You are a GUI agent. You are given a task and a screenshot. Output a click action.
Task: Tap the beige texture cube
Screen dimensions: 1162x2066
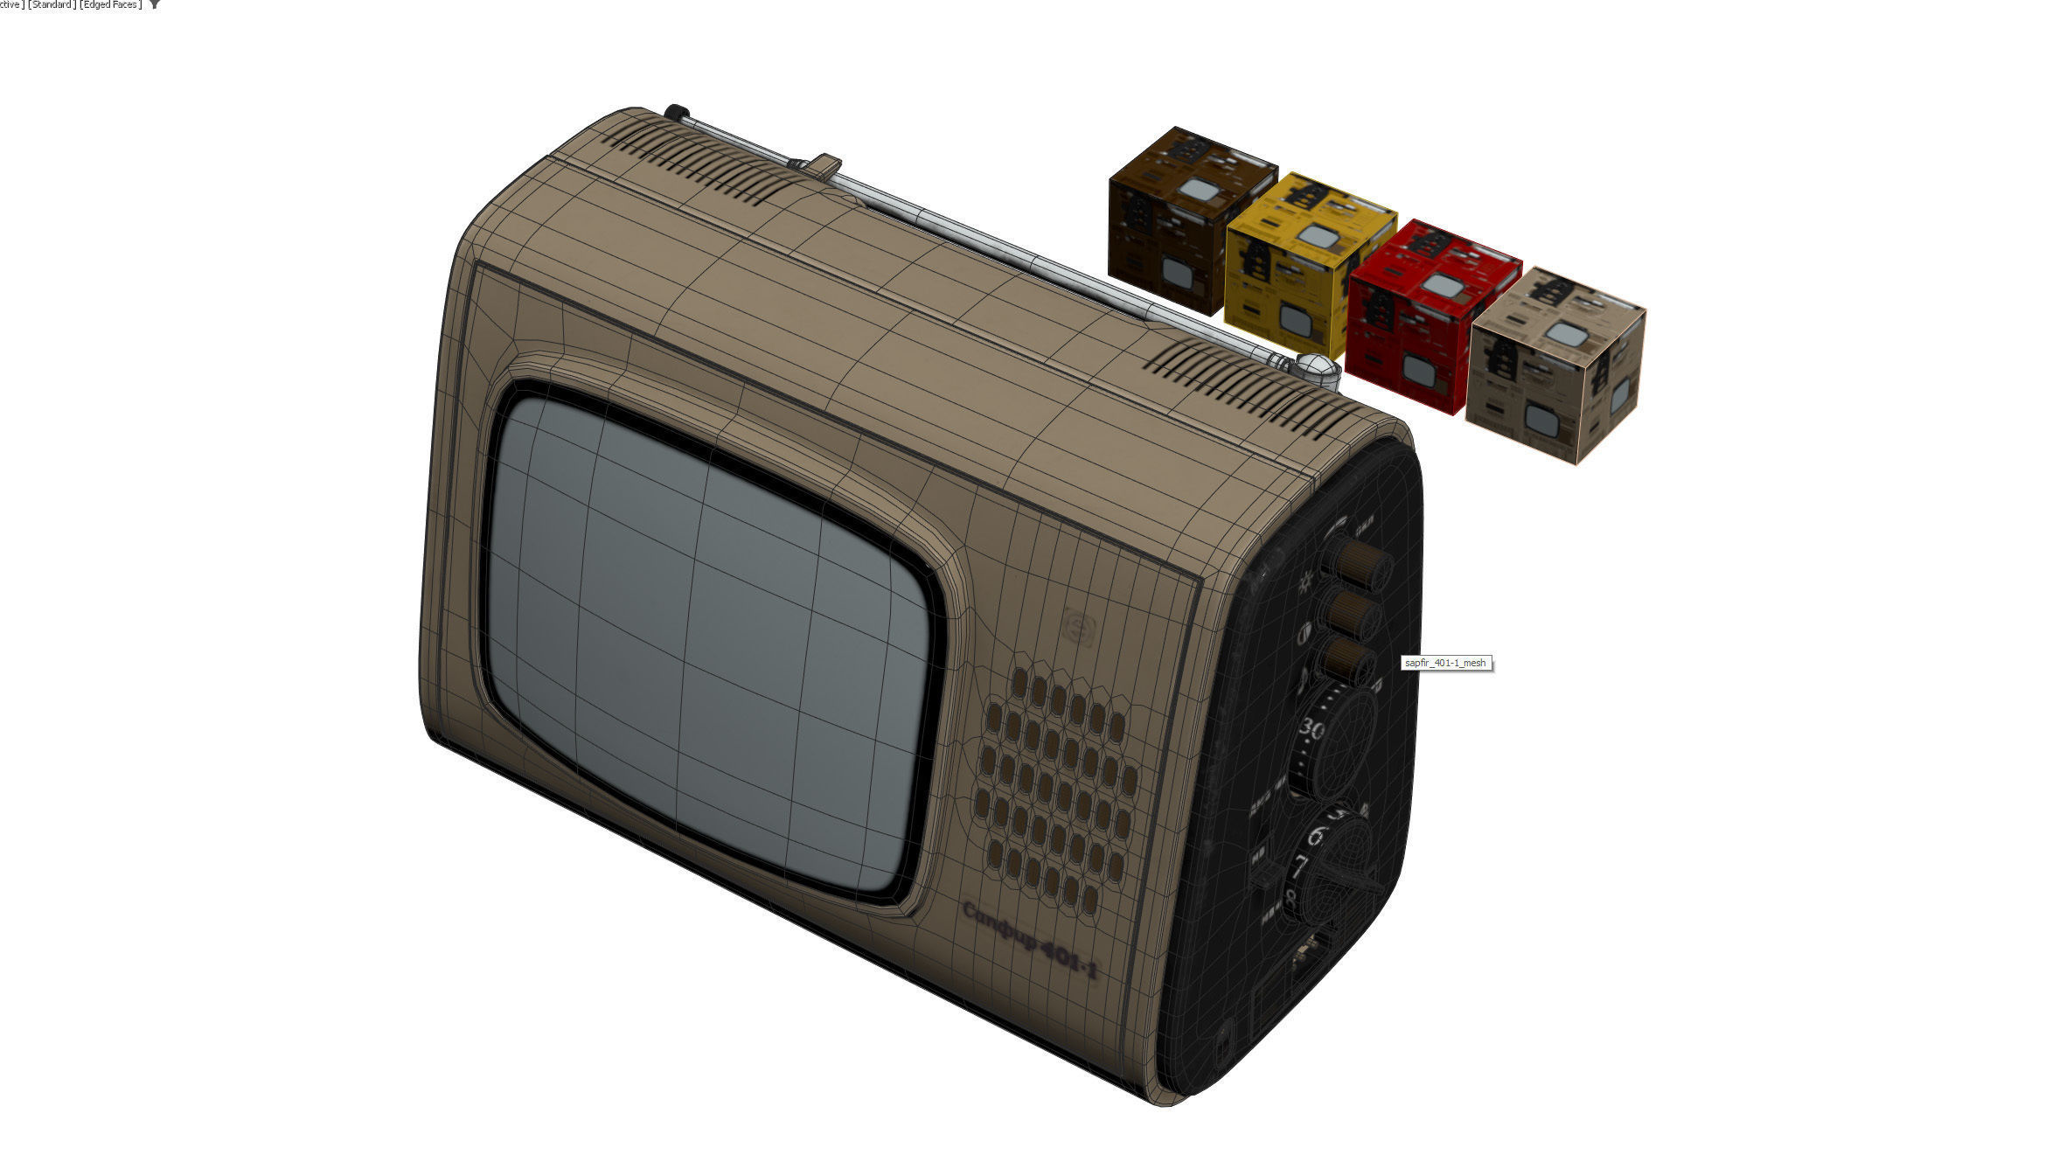pyautogui.click(x=1556, y=363)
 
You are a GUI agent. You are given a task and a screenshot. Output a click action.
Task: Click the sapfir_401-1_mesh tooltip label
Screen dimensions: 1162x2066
pyautogui.click(x=1444, y=663)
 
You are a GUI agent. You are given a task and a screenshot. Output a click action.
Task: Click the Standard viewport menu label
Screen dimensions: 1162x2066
pyautogui.click(x=51, y=5)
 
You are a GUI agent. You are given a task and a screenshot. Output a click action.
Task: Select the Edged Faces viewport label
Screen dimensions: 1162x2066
pyautogui.click(x=109, y=5)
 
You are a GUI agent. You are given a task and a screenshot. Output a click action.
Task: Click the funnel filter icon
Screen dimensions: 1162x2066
pyautogui.click(x=155, y=5)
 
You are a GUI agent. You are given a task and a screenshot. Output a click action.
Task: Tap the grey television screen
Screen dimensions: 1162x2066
pyautogui.click(x=708, y=638)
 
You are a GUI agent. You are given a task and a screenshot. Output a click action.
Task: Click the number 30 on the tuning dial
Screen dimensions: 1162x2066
pyautogui.click(x=1311, y=727)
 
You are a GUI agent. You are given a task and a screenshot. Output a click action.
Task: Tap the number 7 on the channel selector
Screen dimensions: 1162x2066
pyautogui.click(x=1300, y=867)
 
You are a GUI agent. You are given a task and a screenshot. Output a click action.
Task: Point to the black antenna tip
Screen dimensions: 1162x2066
pyautogui.click(x=675, y=112)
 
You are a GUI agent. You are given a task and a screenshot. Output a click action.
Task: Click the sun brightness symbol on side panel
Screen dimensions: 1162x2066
pyautogui.click(x=1306, y=581)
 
